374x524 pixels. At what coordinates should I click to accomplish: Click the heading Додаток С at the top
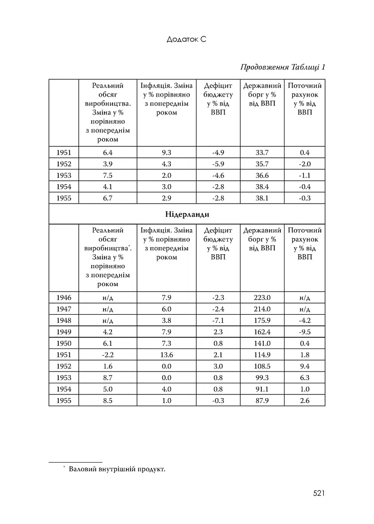pos(186,39)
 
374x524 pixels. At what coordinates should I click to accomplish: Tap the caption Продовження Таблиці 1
pos(282,67)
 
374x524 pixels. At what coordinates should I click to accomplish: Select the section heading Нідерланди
pos(187,214)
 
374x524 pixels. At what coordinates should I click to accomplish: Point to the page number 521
pos(319,493)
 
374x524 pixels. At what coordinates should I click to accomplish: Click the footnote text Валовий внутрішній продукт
pos(117,469)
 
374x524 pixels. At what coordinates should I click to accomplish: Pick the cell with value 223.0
pos(262,298)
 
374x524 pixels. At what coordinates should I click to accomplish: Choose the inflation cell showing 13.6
pos(166,355)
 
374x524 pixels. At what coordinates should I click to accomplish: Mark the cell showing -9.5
pos(304,332)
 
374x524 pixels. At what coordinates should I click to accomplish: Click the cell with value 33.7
pos(262,152)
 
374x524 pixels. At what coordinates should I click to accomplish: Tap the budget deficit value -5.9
pos(218,164)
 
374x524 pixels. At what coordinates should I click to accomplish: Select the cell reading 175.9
pos(262,320)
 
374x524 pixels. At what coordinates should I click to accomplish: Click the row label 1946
pos(64,298)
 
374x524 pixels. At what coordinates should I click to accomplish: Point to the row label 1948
pos(64,320)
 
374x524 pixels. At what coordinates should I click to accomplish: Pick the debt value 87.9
pos(262,401)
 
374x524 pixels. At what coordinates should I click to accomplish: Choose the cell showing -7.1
pos(218,320)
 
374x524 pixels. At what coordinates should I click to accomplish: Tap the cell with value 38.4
pos(262,187)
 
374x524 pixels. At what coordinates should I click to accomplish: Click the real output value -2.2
pos(107,355)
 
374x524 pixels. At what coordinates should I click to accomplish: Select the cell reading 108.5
pos(262,366)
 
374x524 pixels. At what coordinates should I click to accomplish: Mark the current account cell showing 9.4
pos(304,366)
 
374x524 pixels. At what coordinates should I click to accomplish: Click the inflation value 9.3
pos(166,152)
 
